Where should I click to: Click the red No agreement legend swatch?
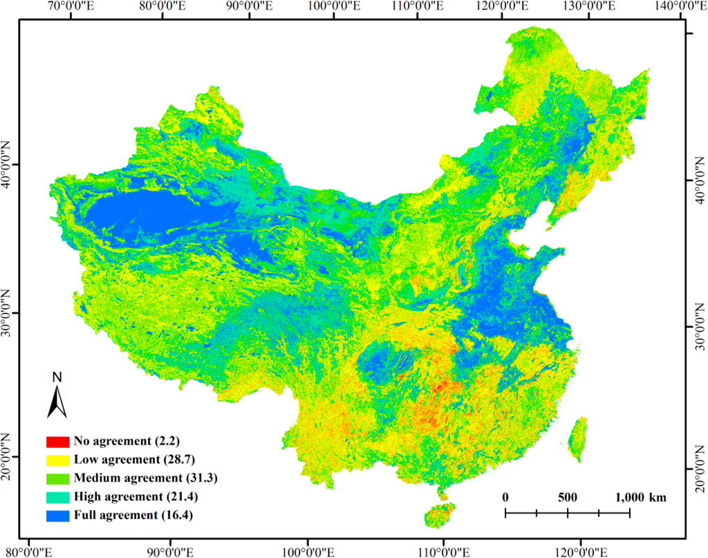57,440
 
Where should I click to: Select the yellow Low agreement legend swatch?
57,459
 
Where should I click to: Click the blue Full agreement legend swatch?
57,515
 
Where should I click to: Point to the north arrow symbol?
56,400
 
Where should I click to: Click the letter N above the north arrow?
57,378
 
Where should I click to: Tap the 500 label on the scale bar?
567,498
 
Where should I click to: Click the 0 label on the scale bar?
505,498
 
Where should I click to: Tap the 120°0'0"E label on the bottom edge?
581,551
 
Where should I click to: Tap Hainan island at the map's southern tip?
440,515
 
